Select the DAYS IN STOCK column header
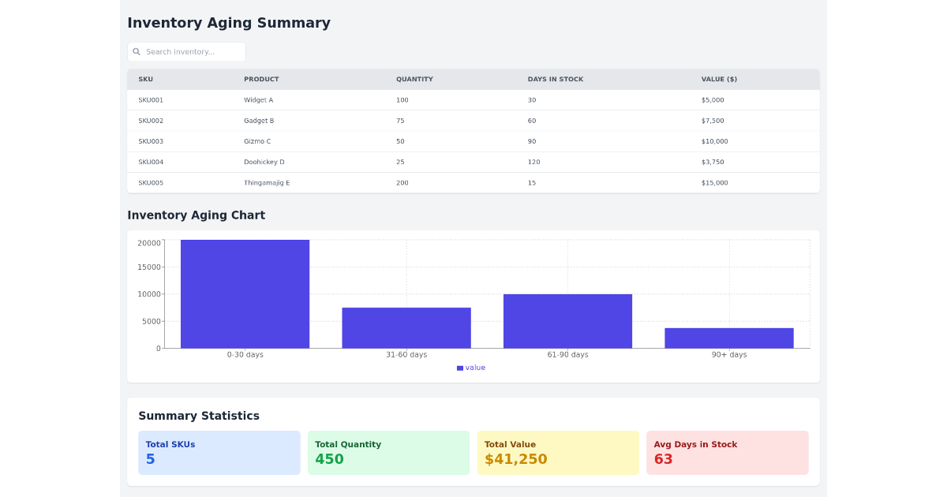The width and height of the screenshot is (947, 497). pyautogui.click(x=555, y=80)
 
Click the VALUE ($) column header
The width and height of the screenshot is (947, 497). pyautogui.click(x=718, y=80)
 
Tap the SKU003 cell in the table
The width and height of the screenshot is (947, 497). pyautogui.click(x=151, y=141)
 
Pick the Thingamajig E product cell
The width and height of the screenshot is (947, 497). pyautogui.click(x=266, y=183)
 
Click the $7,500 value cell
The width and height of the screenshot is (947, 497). pyautogui.click(x=712, y=121)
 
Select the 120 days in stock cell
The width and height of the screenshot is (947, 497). pyautogui.click(x=533, y=162)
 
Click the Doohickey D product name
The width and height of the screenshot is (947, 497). pyautogui.click(x=264, y=162)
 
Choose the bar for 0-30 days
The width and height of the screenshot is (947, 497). pyautogui.click(x=245, y=293)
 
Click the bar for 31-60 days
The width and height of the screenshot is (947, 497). pyautogui.click(x=406, y=327)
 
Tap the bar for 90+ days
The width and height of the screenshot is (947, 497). pyautogui.click(x=728, y=338)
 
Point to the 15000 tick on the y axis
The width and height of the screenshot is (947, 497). pyautogui.click(x=148, y=267)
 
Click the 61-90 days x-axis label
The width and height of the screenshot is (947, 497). pyautogui.click(x=567, y=355)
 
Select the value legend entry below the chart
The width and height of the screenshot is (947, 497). pyautogui.click(x=471, y=368)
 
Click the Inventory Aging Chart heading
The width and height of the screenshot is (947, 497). pyautogui.click(x=196, y=215)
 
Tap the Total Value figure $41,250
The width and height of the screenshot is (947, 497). pyautogui.click(x=515, y=459)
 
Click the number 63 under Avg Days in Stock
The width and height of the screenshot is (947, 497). pyautogui.click(x=663, y=459)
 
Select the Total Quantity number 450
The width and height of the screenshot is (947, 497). pyautogui.click(x=329, y=459)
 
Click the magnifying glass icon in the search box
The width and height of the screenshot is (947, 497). pyautogui.click(x=137, y=52)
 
